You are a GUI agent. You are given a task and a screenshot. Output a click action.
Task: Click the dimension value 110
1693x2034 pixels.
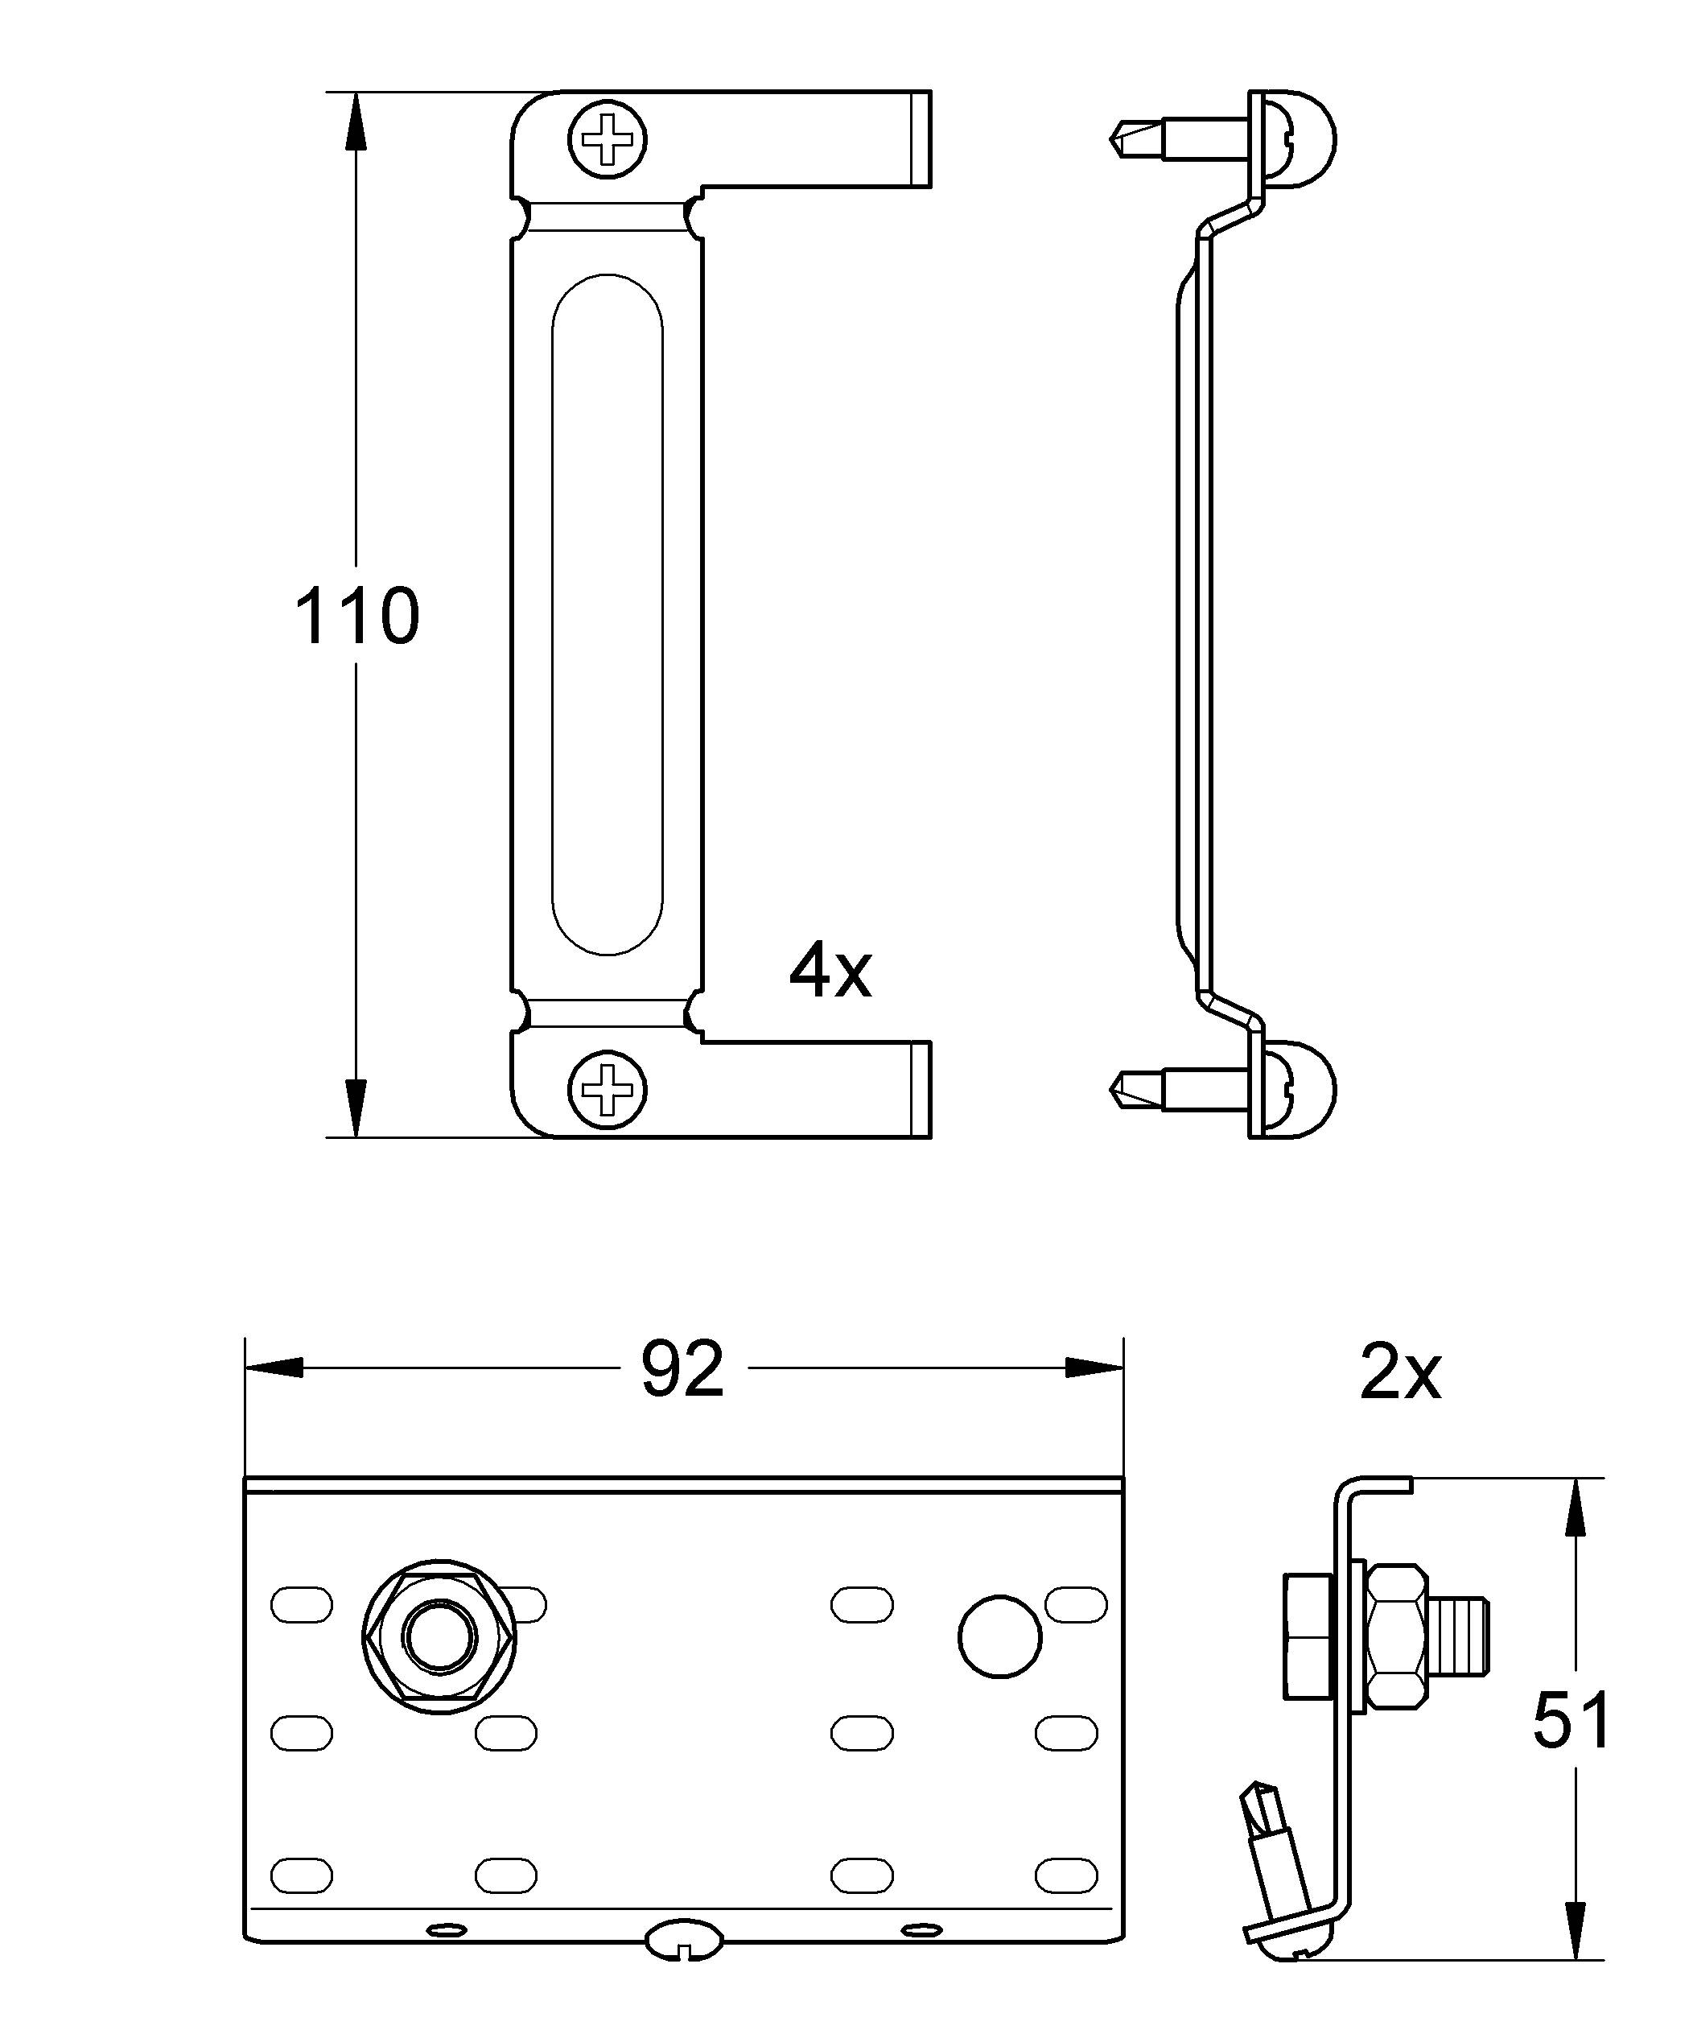coord(356,616)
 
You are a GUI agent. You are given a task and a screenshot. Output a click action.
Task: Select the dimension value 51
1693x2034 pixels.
coord(1571,1720)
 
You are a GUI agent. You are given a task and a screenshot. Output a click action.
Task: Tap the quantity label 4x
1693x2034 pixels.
coord(830,972)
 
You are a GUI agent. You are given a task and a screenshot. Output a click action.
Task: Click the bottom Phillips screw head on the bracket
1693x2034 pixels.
coord(608,1090)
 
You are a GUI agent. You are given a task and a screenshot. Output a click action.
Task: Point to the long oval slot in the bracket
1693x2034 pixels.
coord(608,614)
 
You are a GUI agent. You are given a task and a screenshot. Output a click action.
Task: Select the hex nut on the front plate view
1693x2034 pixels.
coord(439,1638)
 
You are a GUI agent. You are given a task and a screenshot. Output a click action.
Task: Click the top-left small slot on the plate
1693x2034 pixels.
coord(301,1603)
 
